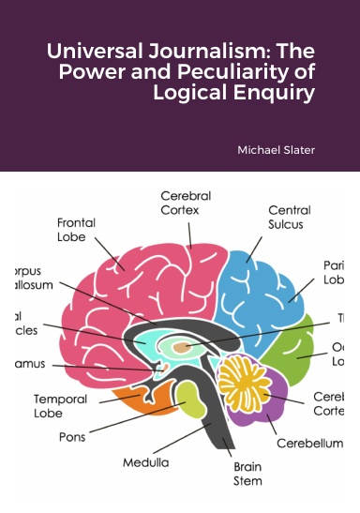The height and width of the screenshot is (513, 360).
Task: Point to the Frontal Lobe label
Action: (76, 230)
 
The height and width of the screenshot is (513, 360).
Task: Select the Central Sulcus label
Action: (290, 219)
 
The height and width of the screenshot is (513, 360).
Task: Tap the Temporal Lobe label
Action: (61, 405)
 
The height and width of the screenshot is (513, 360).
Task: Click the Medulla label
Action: (145, 462)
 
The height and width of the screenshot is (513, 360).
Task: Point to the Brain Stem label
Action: (247, 473)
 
